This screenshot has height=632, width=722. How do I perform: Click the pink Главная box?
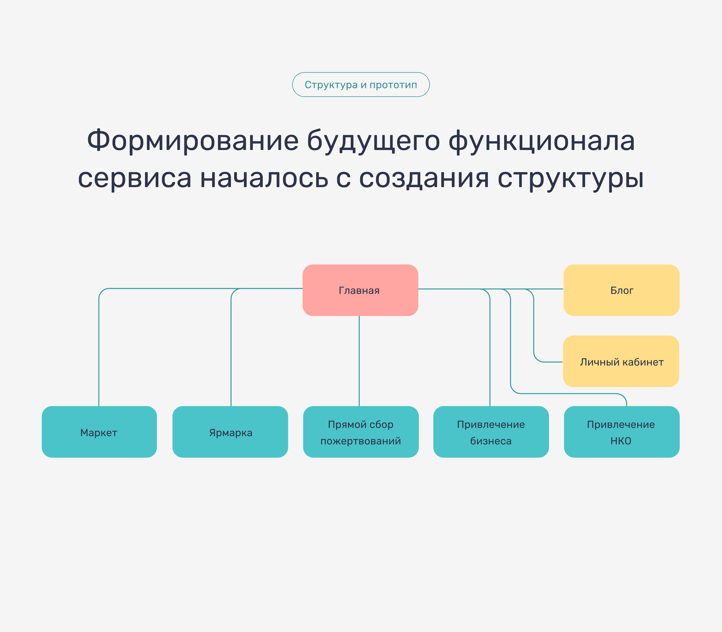(x=360, y=290)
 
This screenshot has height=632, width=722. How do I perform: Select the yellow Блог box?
(x=621, y=290)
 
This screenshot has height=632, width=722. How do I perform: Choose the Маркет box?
(x=99, y=432)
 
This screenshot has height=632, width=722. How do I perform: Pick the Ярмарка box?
(x=230, y=432)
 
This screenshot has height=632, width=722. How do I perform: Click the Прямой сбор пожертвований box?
(x=361, y=432)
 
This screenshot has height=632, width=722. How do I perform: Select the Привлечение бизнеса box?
(x=491, y=432)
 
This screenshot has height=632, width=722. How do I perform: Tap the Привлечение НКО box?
(x=621, y=432)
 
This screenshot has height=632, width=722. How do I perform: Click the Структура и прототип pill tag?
(x=361, y=85)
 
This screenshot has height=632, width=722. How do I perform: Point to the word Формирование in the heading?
(x=193, y=140)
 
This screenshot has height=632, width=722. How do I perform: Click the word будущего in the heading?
(x=373, y=140)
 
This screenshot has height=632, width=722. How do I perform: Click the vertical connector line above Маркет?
(x=99, y=353)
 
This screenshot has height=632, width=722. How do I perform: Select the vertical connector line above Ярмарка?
(x=231, y=353)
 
